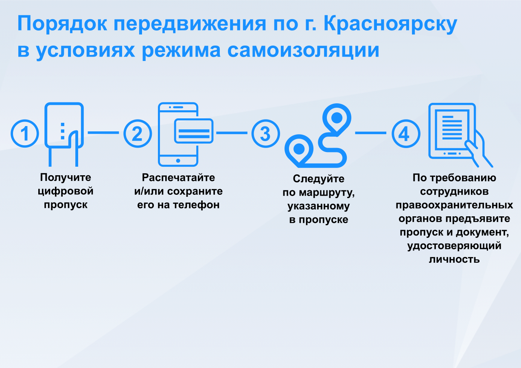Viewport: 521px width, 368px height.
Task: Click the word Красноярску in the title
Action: tap(390, 24)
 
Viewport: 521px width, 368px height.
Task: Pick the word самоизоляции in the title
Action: tap(303, 50)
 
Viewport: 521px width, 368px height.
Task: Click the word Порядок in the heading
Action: tap(62, 24)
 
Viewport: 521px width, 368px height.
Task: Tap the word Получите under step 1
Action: tap(66, 178)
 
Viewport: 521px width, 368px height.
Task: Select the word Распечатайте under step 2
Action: tap(178, 178)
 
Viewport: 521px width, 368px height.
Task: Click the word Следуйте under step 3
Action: tap(318, 179)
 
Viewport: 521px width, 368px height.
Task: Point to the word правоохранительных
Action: tap(454, 205)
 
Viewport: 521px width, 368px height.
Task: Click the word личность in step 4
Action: tap(454, 259)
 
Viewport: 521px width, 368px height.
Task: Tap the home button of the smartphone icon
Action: tap(178, 161)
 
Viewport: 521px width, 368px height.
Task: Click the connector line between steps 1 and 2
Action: tap(103, 133)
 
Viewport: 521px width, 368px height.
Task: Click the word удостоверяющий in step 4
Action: tap(454, 246)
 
